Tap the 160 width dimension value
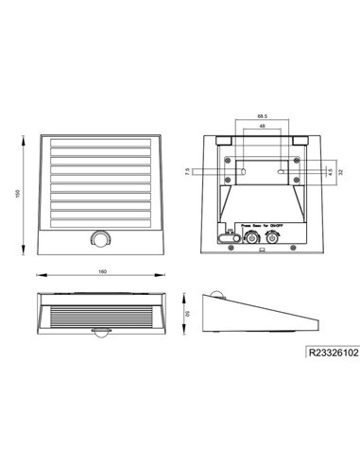[x=99, y=273]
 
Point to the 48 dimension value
[x=260, y=128]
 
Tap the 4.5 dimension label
[x=328, y=172]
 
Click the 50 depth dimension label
[x=188, y=312]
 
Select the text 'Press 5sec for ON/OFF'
[x=261, y=226]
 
